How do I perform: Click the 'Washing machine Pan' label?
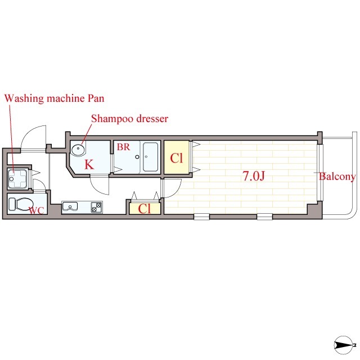pos(55,98)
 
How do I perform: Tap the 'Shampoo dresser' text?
pos(130,119)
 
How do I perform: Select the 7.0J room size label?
pos(254,176)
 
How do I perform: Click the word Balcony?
pos(337,177)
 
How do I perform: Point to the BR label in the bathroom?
pos(124,147)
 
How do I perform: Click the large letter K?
pos(89,164)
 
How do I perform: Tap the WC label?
pos(37,210)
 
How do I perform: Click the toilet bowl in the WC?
pos(21,204)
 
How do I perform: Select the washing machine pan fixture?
pos(17,179)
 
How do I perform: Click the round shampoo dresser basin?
pos(78,150)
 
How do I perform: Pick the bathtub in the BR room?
pos(150,157)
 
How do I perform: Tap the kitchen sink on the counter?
pos(70,207)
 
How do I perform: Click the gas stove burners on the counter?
pos(96,208)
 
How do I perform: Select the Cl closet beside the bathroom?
pos(177,157)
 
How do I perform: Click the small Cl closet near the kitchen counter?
pos(145,209)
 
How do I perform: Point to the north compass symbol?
pos(344,345)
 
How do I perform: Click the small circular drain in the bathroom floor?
pos(137,157)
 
